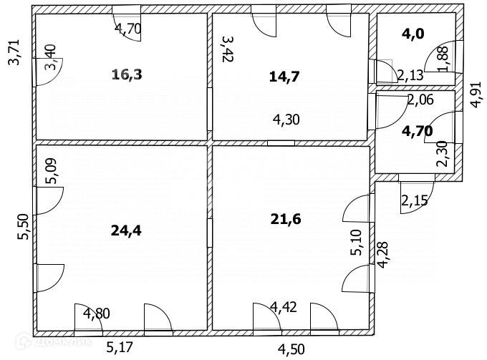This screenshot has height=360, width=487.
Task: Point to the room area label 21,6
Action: (x=285, y=218)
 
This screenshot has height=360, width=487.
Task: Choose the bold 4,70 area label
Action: (x=416, y=130)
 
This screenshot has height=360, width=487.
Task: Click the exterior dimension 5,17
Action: (x=120, y=349)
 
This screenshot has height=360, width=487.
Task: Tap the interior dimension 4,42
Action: (x=284, y=308)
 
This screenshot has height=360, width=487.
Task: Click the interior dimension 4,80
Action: (x=97, y=312)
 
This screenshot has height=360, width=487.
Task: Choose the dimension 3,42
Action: (x=227, y=50)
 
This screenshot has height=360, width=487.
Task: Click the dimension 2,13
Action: (x=410, y=74)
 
